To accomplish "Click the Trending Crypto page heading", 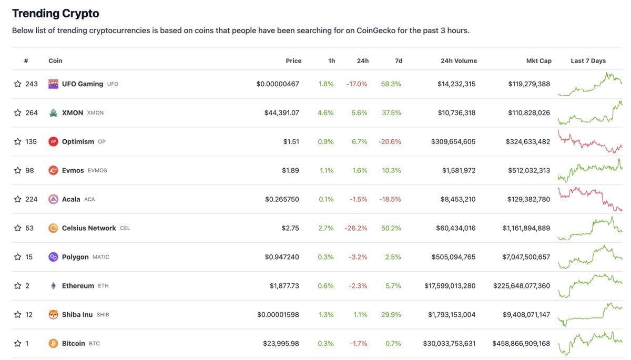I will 55,13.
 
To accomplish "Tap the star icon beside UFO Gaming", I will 18,84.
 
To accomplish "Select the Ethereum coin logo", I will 53,286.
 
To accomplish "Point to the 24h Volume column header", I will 459,61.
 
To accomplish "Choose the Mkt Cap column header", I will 538,61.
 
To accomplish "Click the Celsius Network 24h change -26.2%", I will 355,228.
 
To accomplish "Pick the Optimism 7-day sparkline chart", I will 589,142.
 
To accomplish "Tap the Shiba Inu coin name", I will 77,315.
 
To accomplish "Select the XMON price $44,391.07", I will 281,113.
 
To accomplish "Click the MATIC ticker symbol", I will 101,257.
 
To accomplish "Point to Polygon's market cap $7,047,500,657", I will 521,257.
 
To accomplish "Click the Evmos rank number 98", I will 29,170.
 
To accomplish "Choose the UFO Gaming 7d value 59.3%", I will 391,84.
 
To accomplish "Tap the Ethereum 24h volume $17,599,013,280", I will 450,286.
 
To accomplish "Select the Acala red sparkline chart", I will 589,199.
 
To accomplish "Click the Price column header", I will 293,61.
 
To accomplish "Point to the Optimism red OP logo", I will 53,141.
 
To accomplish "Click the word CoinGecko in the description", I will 379,30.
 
